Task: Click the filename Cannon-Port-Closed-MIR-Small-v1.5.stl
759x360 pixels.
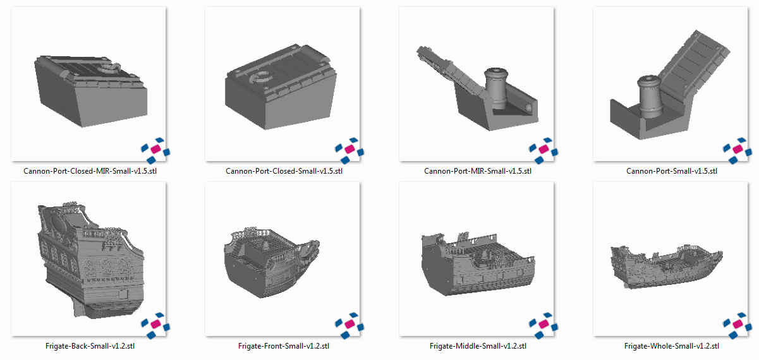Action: [90, 171]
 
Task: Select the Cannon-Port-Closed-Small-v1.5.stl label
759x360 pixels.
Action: [284, 171]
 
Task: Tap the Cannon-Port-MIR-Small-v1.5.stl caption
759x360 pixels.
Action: [478, 171]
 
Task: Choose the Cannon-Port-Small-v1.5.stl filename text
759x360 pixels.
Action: [672, 171]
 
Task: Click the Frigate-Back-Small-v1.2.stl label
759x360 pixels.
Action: [90, 346]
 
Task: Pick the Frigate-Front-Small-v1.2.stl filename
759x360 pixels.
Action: [284, 346]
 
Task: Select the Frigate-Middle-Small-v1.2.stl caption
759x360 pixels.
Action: [478, 346]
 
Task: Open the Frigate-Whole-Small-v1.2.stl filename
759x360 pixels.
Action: [672, 346]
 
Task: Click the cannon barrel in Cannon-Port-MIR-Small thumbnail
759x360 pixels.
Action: [496, 88]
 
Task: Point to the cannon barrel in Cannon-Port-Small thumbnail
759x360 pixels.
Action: [650, 97]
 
